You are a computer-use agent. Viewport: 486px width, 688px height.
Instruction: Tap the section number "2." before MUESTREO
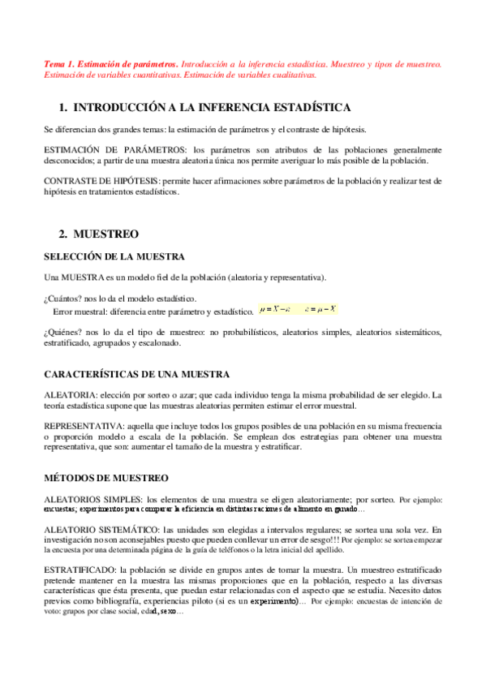point(62,234)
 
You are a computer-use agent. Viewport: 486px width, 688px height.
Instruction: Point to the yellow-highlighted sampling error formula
point(298,309)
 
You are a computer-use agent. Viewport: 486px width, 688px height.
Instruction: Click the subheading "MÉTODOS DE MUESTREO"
point(105,478)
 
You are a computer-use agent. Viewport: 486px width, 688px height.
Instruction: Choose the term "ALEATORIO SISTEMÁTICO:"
point(101,529)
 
